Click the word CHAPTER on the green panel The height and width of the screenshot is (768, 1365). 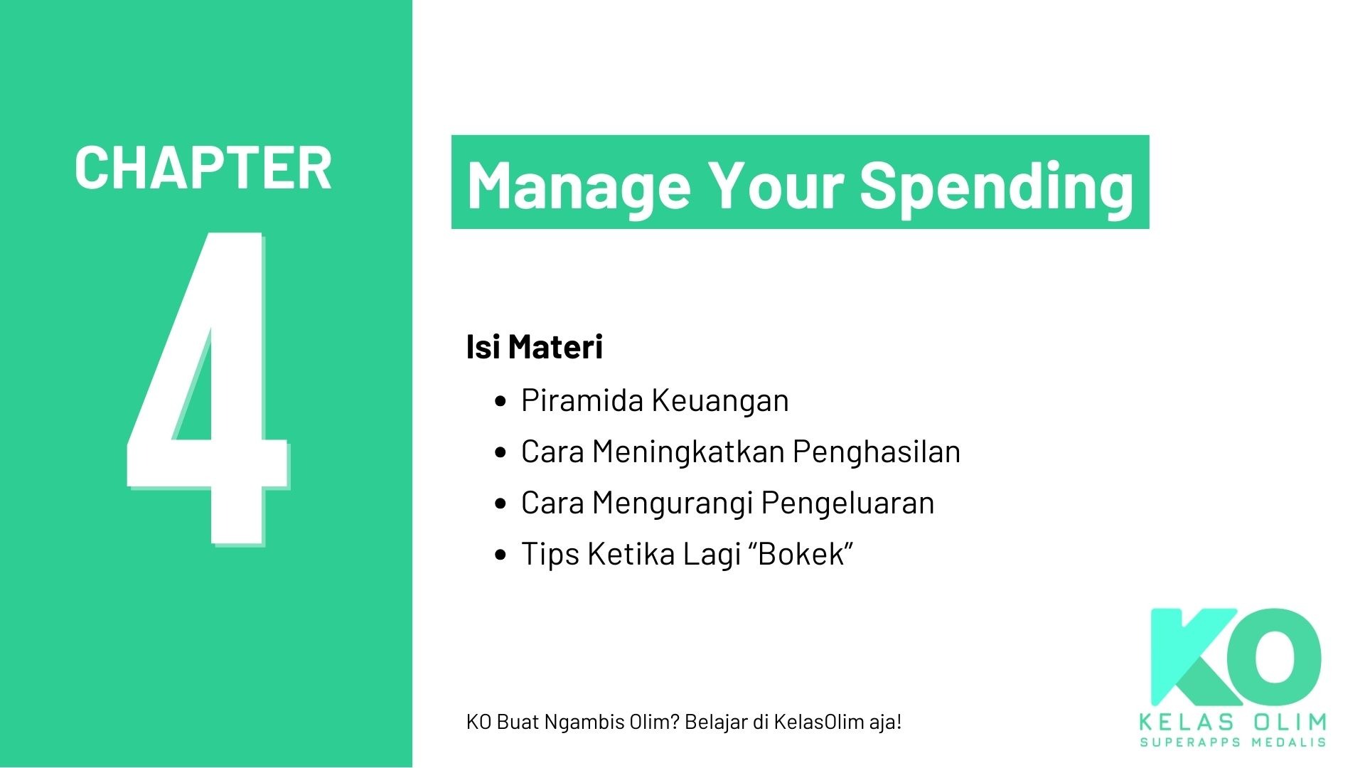coord(203,169)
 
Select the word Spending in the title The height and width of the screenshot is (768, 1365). coord(996,184)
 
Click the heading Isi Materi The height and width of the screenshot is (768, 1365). coord(534,347)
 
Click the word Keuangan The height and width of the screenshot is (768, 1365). coord(720,400)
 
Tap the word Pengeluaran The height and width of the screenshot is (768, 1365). coord(847,503)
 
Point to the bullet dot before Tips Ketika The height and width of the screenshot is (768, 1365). coord(500,555)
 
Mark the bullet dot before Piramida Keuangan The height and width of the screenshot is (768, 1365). coord(500,401)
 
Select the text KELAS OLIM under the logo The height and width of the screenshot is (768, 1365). coord(1233,722)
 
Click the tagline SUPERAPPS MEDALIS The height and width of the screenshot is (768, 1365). coord(1233,742)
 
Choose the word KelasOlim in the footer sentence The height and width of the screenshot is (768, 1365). coord(819,722)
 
